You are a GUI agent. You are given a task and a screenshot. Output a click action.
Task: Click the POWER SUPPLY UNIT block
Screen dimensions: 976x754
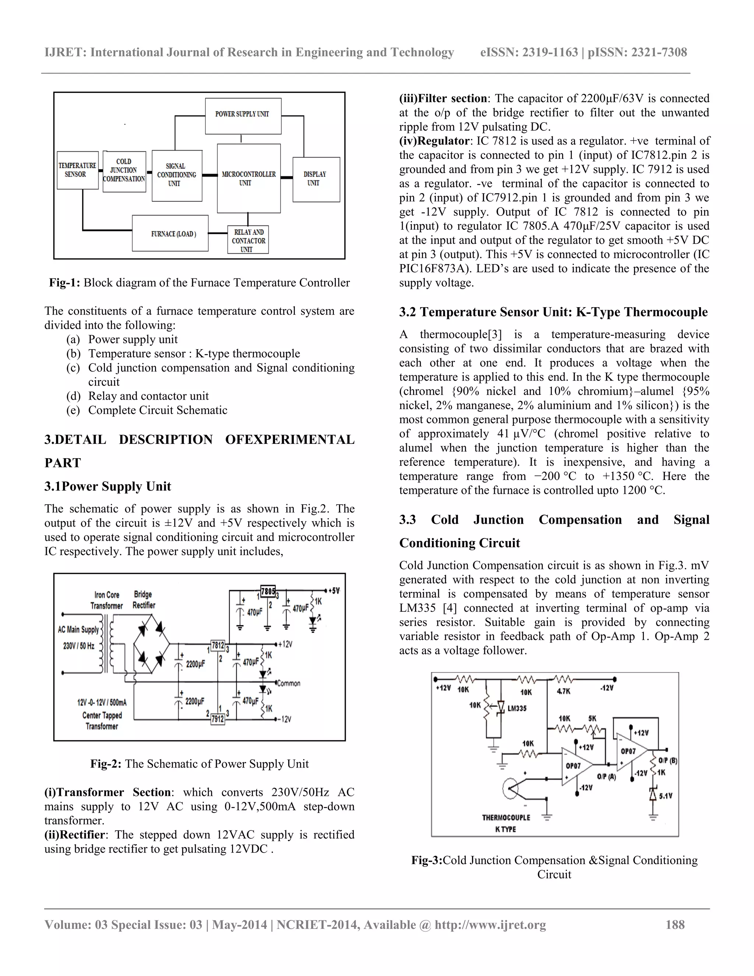(x=243, y=115)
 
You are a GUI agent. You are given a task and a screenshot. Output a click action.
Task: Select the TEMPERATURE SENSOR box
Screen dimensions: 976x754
(x=77, y=170)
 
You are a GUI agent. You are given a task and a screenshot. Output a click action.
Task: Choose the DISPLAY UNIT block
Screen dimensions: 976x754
(x=316, y=179)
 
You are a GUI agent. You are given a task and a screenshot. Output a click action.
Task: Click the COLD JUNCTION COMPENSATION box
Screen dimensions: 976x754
(x=124, y=171)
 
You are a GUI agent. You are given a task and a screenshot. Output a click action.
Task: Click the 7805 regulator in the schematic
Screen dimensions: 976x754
(x=268, y=591)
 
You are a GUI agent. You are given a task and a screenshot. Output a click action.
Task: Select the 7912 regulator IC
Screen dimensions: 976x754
(x=218, y=719)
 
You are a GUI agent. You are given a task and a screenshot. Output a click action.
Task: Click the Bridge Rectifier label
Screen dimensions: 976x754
(x=143, y=600)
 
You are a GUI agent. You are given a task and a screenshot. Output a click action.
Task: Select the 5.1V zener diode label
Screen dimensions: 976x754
(x=665, y=796)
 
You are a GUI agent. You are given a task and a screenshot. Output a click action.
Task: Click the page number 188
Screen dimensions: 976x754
(x=675, y=924)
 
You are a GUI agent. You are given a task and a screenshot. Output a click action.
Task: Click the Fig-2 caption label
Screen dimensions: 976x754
(x=105, y=764)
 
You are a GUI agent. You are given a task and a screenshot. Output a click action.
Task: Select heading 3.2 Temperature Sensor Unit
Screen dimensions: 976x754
(x=553, y=312)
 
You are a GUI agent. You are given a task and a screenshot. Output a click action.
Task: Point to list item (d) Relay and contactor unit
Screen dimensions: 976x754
(x=148, y=396)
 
